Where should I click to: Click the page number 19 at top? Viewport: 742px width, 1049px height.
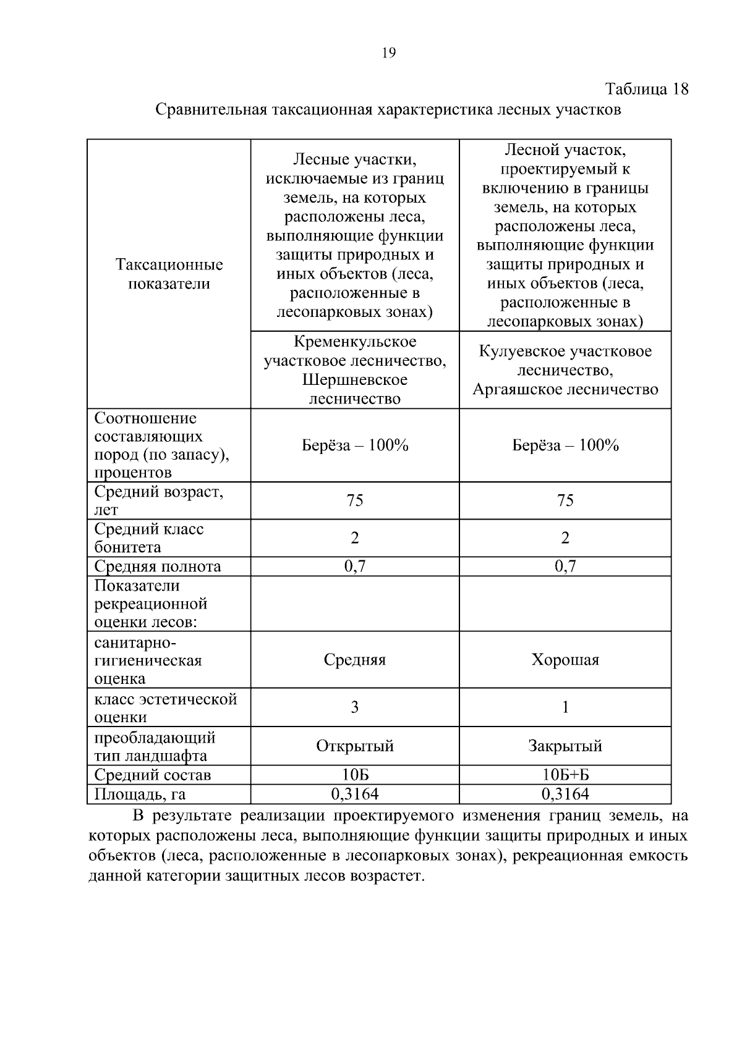click(389, 53)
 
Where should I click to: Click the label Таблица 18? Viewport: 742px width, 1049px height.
click(646, 89)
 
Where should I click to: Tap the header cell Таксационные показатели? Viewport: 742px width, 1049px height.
click(169, 274)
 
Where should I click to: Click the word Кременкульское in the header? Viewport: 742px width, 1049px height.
click(354, 342)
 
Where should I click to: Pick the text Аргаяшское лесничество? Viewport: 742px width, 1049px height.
click(565, 390)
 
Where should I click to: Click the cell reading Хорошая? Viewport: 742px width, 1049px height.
click(565, 660)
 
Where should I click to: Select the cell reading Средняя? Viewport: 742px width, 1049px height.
click(354, 660)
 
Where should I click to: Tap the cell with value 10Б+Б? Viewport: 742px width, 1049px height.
click(565, 775)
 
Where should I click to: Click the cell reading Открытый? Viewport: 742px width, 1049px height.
click(354, 746)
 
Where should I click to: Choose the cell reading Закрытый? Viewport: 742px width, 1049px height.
click(565, 746)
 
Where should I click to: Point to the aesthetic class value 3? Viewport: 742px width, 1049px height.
click(354, 707)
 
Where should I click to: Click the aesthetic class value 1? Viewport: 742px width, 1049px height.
click(565, 707)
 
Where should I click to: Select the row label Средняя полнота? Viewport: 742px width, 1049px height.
click(157, 567)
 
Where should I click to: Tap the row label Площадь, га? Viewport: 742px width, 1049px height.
click(140, 794)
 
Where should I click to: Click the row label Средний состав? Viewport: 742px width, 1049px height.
click(152, 775)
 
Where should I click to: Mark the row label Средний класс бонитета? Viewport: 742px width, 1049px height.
click(148, 537)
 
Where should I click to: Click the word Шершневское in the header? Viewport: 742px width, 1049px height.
click(354, 379)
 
